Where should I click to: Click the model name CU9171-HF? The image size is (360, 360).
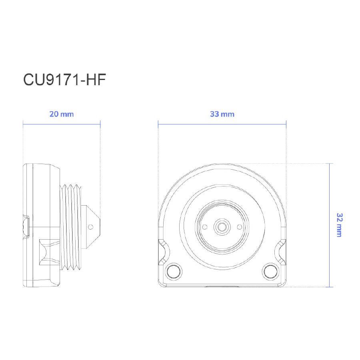pos(64,80)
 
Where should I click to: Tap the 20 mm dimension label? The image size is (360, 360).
pos(62,114)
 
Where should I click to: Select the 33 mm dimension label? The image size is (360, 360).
pos(222,114)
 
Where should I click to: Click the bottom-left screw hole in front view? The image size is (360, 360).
pos(174,271)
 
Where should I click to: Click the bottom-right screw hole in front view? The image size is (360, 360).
pos(271,271)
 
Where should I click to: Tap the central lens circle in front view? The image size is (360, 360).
pos(222,227)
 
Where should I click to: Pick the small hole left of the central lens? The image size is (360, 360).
pos(205,227)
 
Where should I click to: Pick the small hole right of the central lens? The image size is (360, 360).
pos(239,227)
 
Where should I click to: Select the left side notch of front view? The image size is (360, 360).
pos(164,250)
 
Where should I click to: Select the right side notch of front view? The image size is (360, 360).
pos(281,250)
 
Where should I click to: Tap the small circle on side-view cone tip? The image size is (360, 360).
pos(90,227)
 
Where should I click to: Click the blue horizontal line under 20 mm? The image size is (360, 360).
pos(62,124)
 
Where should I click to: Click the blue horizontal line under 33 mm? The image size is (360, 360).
pos(222,124)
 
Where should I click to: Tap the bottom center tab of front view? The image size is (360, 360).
pos(222,286)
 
